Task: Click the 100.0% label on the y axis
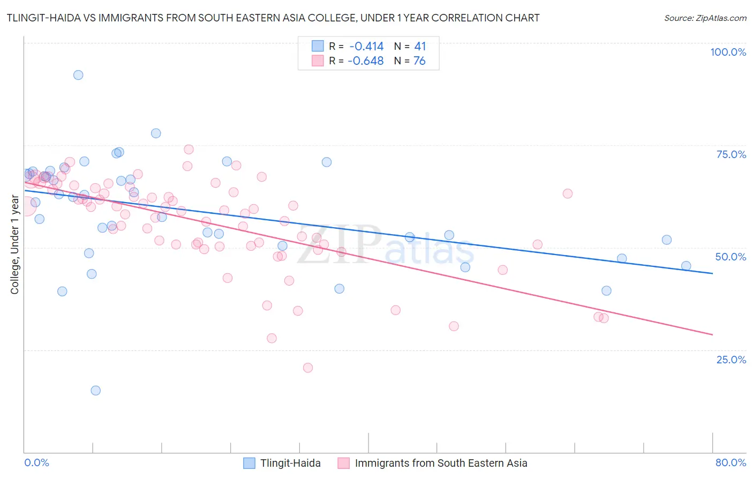[x=728, y=52]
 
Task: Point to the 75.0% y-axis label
[x=731, y=154]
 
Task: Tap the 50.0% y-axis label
[x=731, y=257]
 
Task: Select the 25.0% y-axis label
[x=731, y=359]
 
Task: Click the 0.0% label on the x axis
[x=36, y=462]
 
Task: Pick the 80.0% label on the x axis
[x=731, y=462]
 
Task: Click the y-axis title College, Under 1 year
[x=14, y=245]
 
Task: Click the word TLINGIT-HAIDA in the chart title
[x=43, y=18]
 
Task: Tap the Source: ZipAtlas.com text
[x=705, y=18]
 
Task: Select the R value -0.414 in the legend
[x=366, y=46]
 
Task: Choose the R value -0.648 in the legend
[x=366, y=61]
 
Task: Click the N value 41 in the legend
[x=420, y=46]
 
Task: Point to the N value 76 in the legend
[x=419, y=61]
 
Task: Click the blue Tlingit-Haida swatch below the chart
[x=249, y=463]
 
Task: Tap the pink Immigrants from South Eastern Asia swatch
[x=343, y=463]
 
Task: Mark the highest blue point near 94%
[x=78, y=75]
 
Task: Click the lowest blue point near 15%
[x=96, y=390]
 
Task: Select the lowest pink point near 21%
[x=308, y=368]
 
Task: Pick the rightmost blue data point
[x=686, y=266]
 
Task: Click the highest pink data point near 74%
[x=189, y=150]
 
